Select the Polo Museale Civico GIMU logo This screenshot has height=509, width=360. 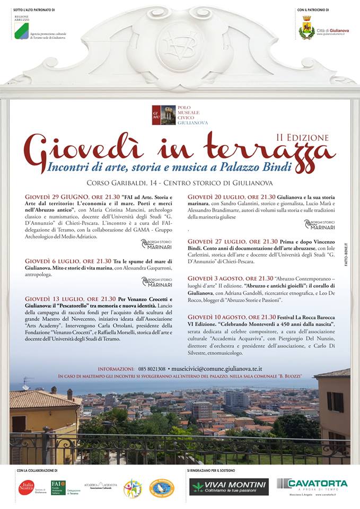click(x=164, y=115)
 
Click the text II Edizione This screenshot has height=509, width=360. click(x=303, y=137)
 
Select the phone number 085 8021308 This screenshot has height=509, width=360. click(x=152, y=368)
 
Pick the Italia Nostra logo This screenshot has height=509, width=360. click(x=27, y=487)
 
